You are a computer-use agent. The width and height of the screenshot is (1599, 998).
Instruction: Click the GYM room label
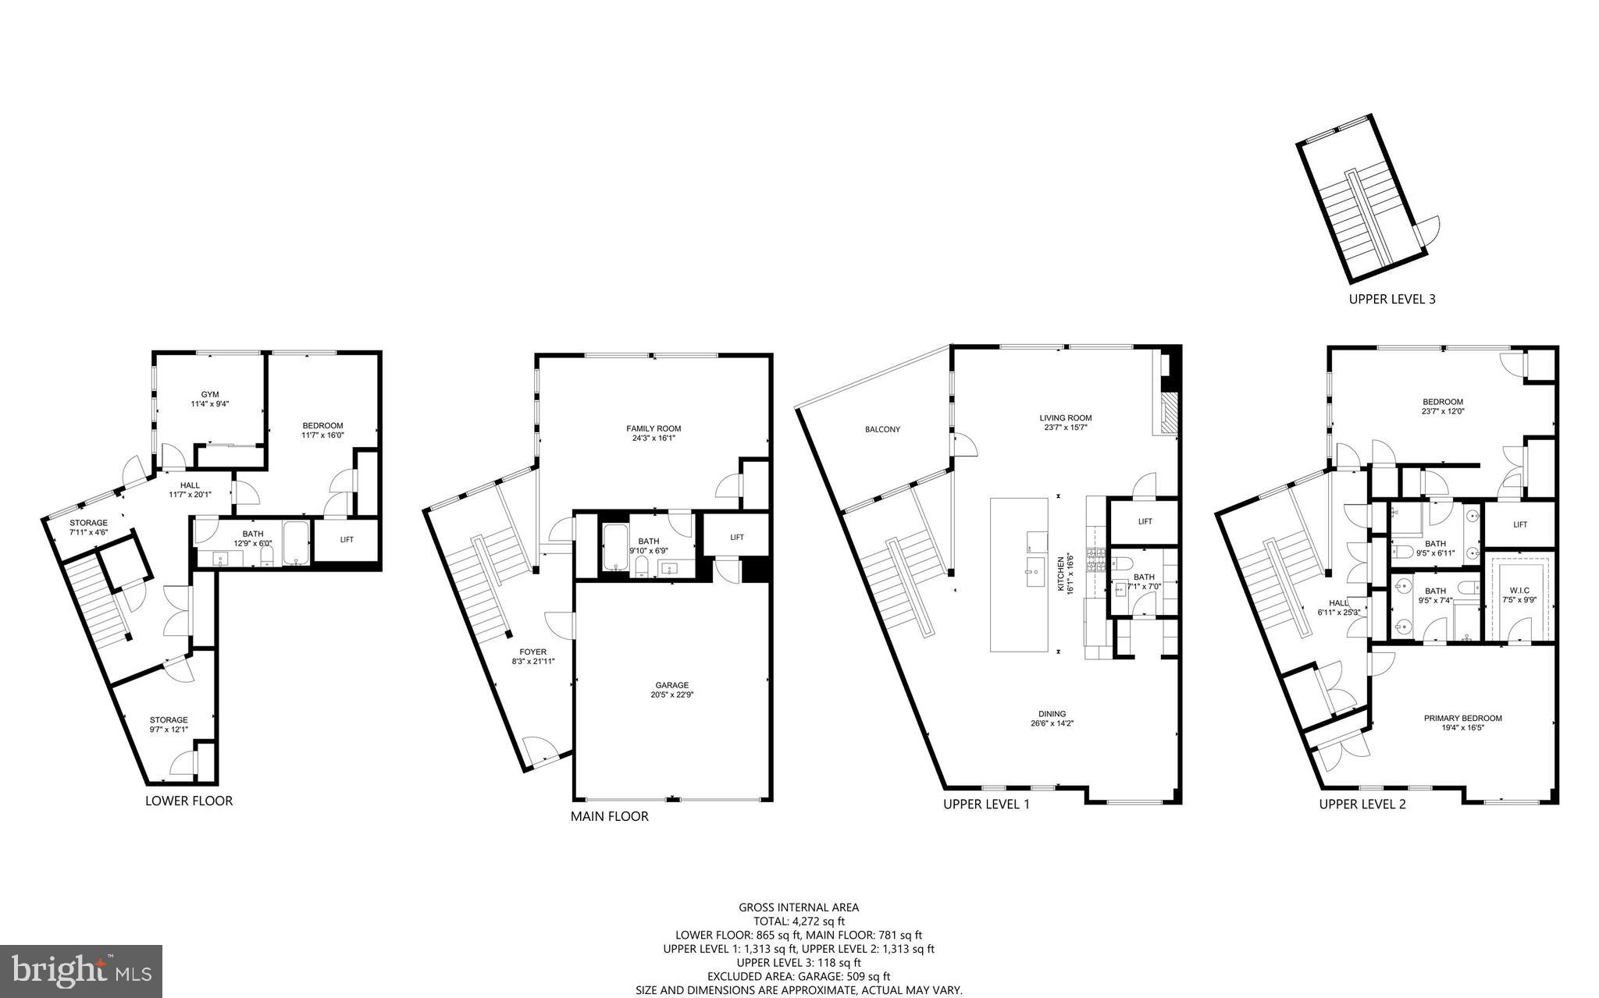pos(209,394)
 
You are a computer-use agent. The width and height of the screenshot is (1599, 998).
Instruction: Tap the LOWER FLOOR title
pos(189,801)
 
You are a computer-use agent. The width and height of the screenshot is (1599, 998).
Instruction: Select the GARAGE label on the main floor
pos(671,685)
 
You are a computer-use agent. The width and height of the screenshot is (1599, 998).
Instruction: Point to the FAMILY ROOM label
pos(653,428)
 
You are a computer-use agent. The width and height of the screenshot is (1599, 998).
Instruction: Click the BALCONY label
pos(882,429)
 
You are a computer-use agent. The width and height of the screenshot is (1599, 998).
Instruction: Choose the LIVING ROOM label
pos(1065,417)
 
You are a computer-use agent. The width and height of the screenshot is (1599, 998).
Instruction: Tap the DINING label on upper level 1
pos(1052,714)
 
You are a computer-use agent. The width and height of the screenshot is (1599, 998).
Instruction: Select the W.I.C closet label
pos(1519,590)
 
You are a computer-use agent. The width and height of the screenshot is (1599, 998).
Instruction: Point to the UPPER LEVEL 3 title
pos(1392,299)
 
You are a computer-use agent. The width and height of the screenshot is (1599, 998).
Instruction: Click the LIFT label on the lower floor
pos(347,539)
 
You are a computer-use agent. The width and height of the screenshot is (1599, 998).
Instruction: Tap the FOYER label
pos(533,652)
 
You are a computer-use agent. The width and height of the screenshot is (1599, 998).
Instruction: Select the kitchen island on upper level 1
pos(1019,575)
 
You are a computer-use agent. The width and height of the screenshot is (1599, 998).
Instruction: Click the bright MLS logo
pos(81,971)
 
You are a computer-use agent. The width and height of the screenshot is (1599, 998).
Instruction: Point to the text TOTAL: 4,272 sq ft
pos(799,921)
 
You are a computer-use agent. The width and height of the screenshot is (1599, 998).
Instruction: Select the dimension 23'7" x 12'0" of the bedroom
pos(1442,411)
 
